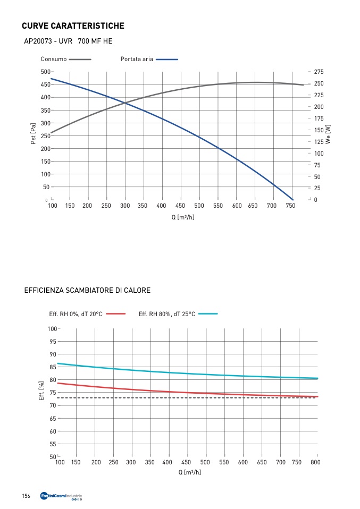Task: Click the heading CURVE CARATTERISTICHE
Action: point(73,26)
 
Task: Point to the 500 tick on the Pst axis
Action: point(45,72)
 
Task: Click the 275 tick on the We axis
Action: point(319,72)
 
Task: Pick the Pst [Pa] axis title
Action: point(34,133)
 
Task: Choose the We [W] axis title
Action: point(328,134)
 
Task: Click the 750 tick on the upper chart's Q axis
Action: point(291,206)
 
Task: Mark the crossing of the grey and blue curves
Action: point(125,103)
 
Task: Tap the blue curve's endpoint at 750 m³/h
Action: point(292,200)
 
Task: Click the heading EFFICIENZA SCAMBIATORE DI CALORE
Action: point(87,291)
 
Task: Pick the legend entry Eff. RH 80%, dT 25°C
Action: point(167,314)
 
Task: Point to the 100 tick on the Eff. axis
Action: point(52,329)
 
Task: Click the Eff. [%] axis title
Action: point(41,391)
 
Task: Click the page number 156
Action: point(26,496)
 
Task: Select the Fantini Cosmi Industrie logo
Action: point(61,497)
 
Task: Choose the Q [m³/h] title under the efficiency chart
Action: point(190,472)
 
